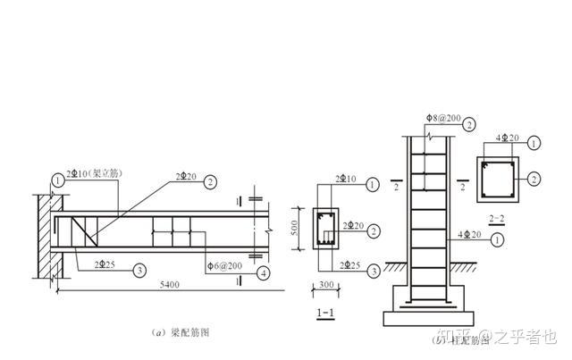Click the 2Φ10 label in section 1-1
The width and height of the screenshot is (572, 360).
344,180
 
